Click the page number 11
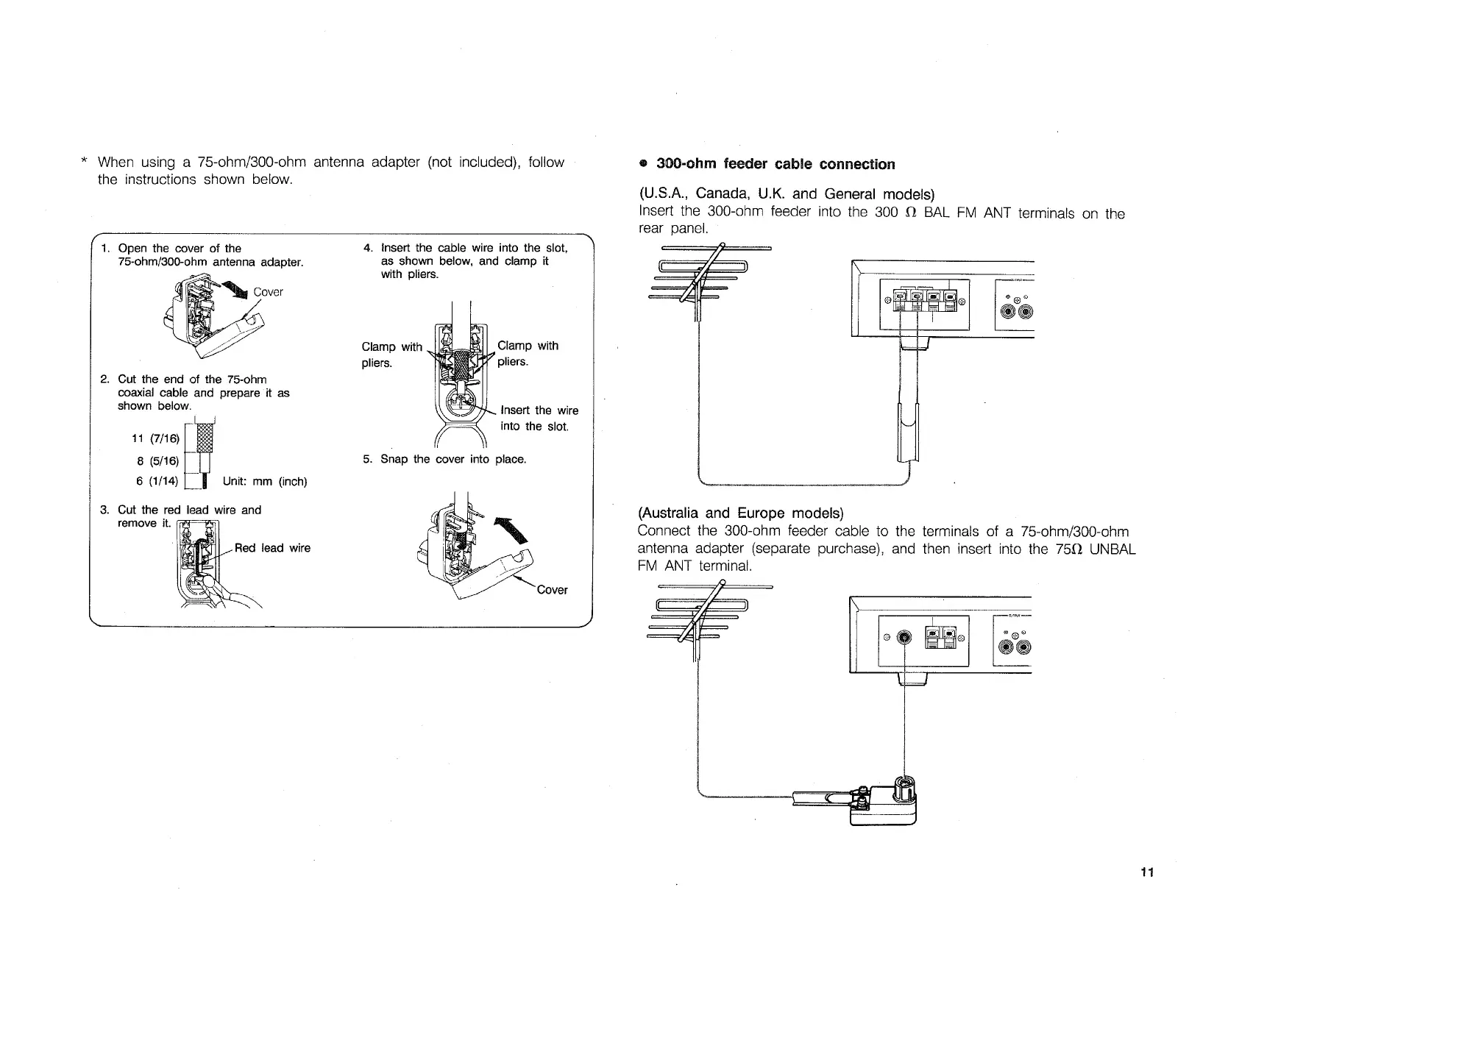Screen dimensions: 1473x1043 [1146, 872]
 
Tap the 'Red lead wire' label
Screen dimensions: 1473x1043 [272, 548]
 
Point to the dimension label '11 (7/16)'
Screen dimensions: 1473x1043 [155, 439]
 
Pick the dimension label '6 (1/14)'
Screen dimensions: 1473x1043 [155, 481]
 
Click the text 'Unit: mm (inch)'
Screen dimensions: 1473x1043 [264, 482]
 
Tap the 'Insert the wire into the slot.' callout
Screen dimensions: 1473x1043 [539, 418]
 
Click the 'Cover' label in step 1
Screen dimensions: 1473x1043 [268, 292]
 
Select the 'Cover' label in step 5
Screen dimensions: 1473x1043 [552, 590]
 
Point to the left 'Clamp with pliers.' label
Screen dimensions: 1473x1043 [391, 355]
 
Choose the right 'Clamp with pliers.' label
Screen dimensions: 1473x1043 [528, 353]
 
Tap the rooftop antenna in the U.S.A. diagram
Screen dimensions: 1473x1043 [699, 276]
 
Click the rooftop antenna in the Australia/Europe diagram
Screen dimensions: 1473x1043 [699, 614]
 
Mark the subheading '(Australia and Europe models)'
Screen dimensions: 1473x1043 [740, 513]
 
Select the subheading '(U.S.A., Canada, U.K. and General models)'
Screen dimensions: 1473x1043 [786, 194]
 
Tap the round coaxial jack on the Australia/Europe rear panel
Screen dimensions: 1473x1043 [905, 637]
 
